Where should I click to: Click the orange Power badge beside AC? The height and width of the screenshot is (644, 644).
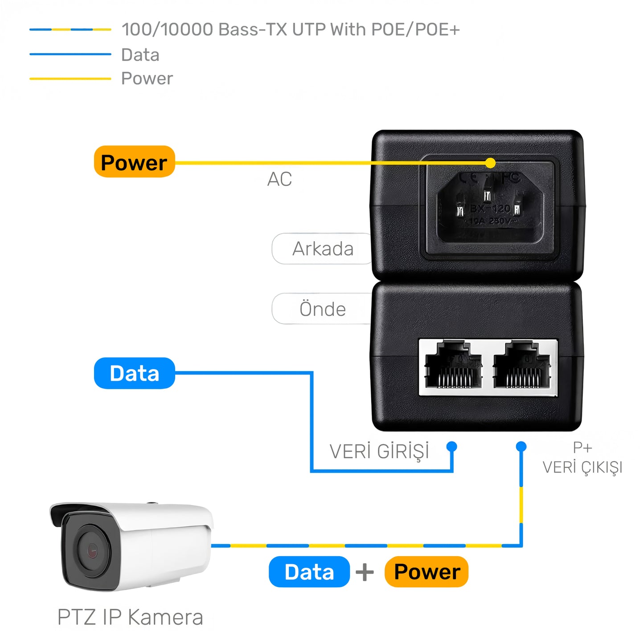pos(134,162)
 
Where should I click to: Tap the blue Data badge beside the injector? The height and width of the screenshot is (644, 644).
pos(134,373)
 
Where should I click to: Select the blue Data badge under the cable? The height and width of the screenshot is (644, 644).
pos(309,572)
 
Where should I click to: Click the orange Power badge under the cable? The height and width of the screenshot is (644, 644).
pos(427,572)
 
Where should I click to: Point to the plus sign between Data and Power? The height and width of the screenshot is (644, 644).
pos(365,572)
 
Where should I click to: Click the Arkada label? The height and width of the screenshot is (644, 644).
pos(322,249)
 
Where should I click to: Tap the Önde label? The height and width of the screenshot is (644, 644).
pos(322,309)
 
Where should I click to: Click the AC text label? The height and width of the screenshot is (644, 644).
pos(279,179)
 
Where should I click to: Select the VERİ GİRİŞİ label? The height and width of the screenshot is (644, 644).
pos(379,451)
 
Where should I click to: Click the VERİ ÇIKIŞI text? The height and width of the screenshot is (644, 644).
pos(582,467)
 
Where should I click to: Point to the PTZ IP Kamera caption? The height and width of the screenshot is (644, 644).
pos(130,617)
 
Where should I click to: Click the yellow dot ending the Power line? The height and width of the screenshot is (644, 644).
pos(490,163)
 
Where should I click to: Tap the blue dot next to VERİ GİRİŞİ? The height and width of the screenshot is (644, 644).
pos(452,446)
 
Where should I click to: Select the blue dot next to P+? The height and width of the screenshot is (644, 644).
pos(521,446)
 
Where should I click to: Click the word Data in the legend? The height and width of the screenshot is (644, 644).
pos(140,55)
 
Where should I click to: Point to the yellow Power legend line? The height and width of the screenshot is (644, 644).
pos(70,78)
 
